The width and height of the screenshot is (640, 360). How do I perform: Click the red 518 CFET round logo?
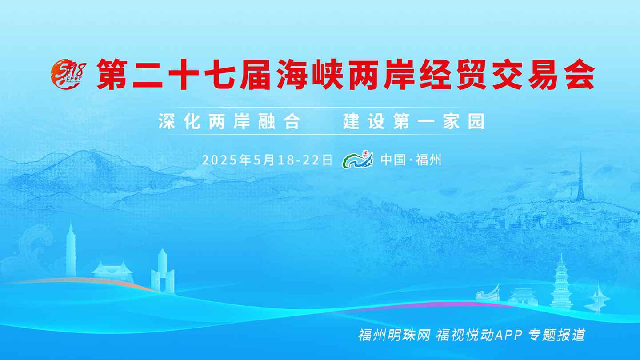click(68, 74)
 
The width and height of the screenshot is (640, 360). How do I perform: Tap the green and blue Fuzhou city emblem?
click(358, 160)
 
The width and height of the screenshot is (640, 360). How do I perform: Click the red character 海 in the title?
click(292, 74)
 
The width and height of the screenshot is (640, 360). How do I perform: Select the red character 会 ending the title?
click(580, 74)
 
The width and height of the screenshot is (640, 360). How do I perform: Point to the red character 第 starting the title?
click(112, 74)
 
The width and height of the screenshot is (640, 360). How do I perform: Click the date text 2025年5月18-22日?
click(268, 160)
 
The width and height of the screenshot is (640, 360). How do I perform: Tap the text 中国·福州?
click(411, 160)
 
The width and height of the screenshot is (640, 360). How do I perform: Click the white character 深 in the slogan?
click(167, 121)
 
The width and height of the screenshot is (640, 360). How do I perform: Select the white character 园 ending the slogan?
click(476, 121)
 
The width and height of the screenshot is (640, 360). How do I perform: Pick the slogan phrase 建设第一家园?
click(414, 121)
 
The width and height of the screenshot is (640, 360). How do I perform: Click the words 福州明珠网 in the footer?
click(394, 335)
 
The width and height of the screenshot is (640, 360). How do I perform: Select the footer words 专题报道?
click(557, 335)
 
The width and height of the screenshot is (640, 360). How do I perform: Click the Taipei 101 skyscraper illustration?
click(71, 252)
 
